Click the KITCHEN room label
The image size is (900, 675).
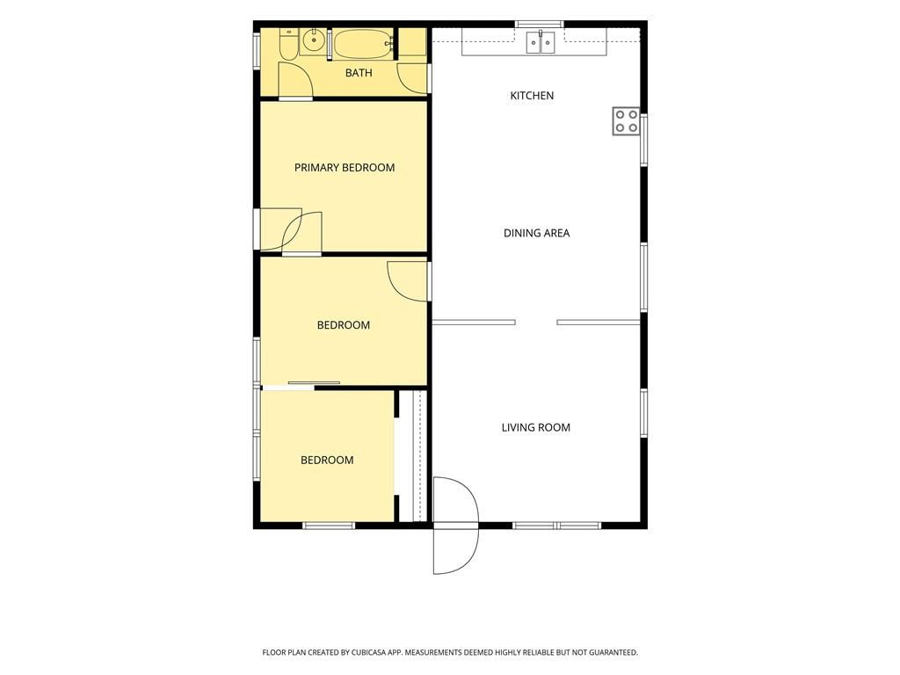coord(532,95)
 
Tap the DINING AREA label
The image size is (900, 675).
coord(536,233)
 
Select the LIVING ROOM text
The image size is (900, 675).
coord(535,427)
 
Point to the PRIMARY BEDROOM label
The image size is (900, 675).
coord(345,168)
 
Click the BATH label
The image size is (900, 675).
coord(359,73)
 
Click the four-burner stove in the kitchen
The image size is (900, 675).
coord(626,121)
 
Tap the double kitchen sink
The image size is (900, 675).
coord(541,42)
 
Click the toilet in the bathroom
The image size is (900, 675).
coord(288,45)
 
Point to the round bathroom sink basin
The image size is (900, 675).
coord(314,41)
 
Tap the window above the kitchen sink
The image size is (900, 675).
coord(539,24)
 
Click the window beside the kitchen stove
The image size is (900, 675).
coord(644,140)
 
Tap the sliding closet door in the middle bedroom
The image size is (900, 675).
coord(314,383)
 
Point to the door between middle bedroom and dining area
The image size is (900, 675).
coord(408,281)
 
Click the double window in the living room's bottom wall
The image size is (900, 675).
coord(556,526)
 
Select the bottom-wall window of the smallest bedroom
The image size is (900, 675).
coord(329,526)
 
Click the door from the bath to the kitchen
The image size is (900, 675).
coord(413,78)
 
